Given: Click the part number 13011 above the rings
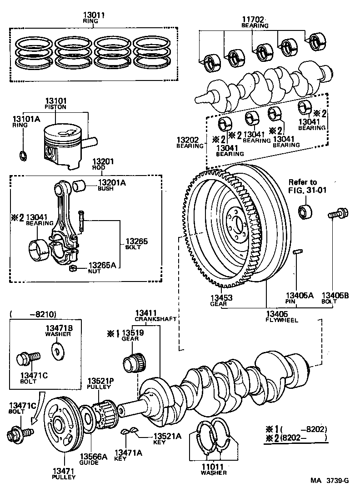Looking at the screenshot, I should [x=94, y=15].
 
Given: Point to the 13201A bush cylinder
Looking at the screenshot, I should [x=79, y=186].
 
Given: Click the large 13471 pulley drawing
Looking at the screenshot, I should [x=61, y=426].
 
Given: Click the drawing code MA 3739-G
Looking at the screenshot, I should [x=330, y=481].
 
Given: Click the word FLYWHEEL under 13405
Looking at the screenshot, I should [x=282, y=320].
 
